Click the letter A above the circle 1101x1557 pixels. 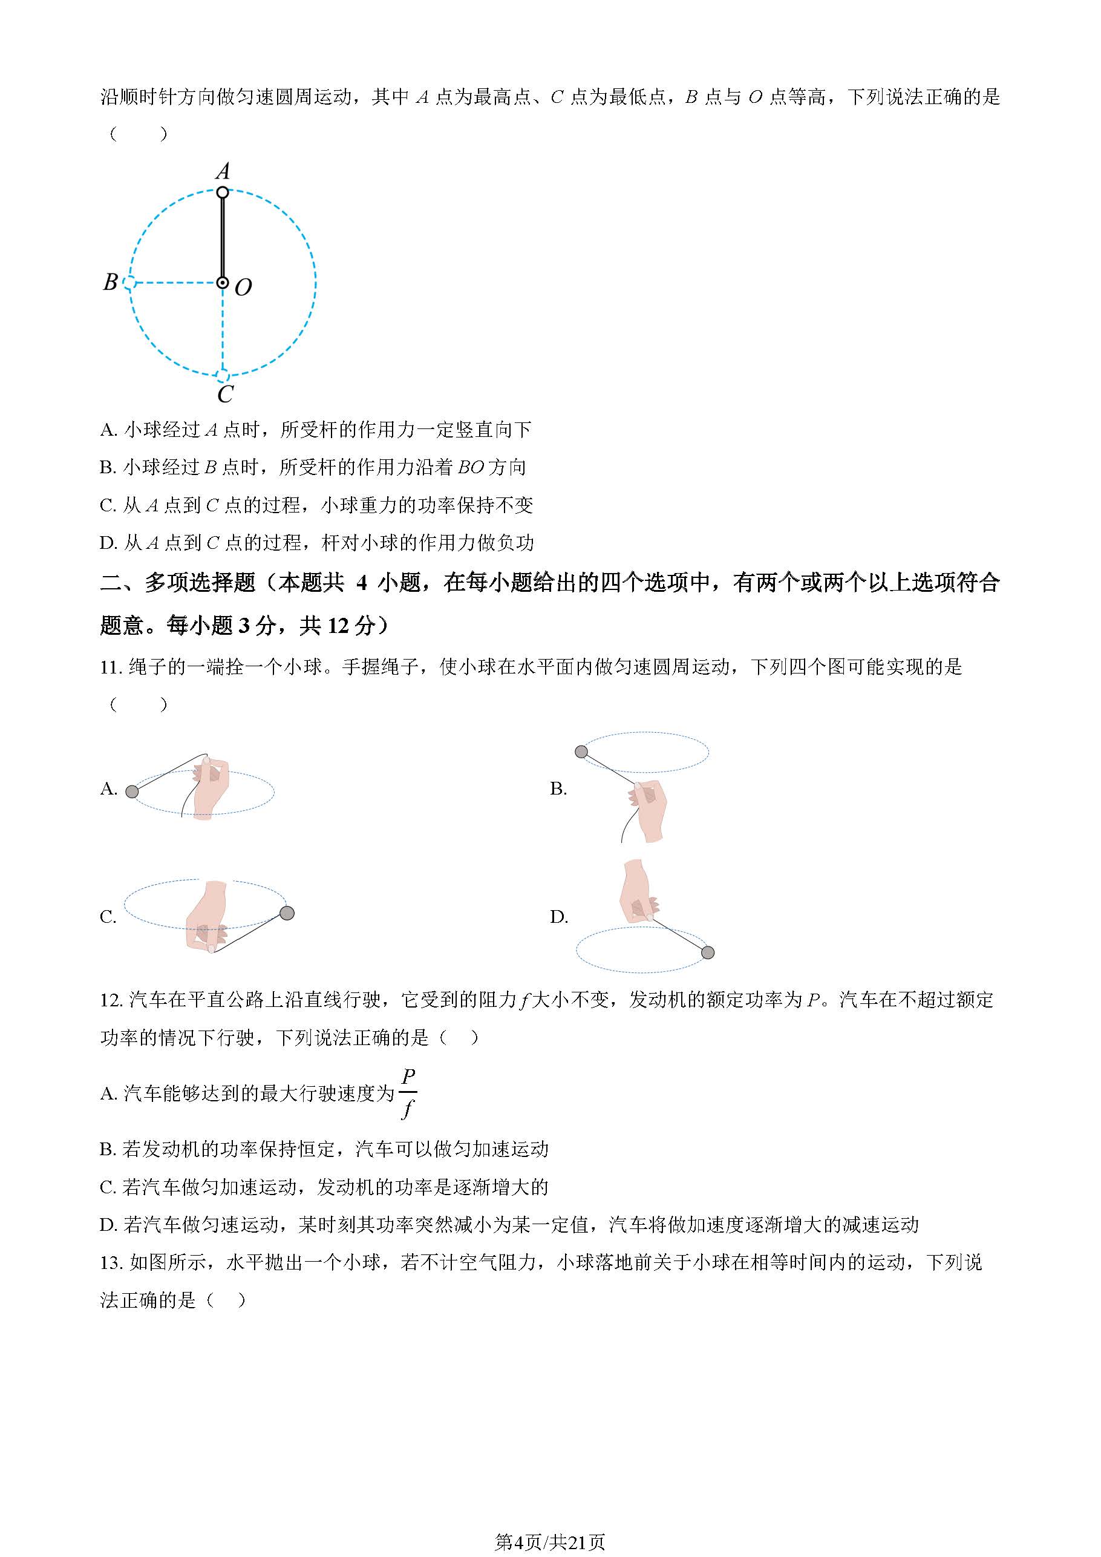point(223,171)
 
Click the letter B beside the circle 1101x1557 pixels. point(111,281)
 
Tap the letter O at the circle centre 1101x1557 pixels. point(243,287)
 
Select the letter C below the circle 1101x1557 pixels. point(225,394)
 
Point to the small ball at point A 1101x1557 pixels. point(223,192)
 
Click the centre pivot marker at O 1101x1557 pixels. point(223,283)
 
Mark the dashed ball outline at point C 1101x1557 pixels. point(223,375)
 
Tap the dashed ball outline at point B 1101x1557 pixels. point(129,283)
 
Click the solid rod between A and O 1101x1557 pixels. point(223,237)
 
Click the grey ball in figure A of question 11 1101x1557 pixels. point(133,792)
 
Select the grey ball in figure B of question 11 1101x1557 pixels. point(581,752)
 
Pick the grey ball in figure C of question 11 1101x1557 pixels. point(287,914)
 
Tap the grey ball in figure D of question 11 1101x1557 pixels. point(708,953)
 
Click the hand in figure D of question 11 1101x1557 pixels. point(637,892)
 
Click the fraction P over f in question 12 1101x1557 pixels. point(408,1093)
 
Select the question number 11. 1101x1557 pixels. point(111,667)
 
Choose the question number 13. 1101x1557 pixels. point(111,1262)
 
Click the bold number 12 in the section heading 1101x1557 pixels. point(338,625)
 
